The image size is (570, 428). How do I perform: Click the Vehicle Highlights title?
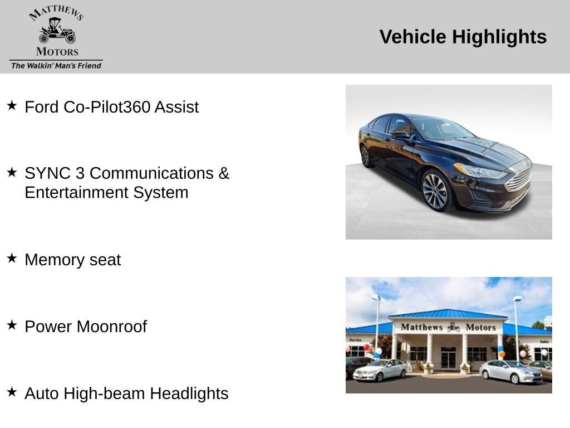(463, 37)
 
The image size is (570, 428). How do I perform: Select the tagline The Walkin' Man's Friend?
(56, 66)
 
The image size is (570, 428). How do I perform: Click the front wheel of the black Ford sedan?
(435, 191)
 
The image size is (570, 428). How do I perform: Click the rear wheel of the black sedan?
(365, 156)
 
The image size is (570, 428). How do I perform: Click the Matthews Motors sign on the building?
(448, 327)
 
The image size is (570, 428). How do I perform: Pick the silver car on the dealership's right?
(510, 372)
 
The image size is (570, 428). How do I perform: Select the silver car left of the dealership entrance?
(380, 369)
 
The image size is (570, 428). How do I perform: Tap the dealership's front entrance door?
(448, 358)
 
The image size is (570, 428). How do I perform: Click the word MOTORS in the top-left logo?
(57, 52)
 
